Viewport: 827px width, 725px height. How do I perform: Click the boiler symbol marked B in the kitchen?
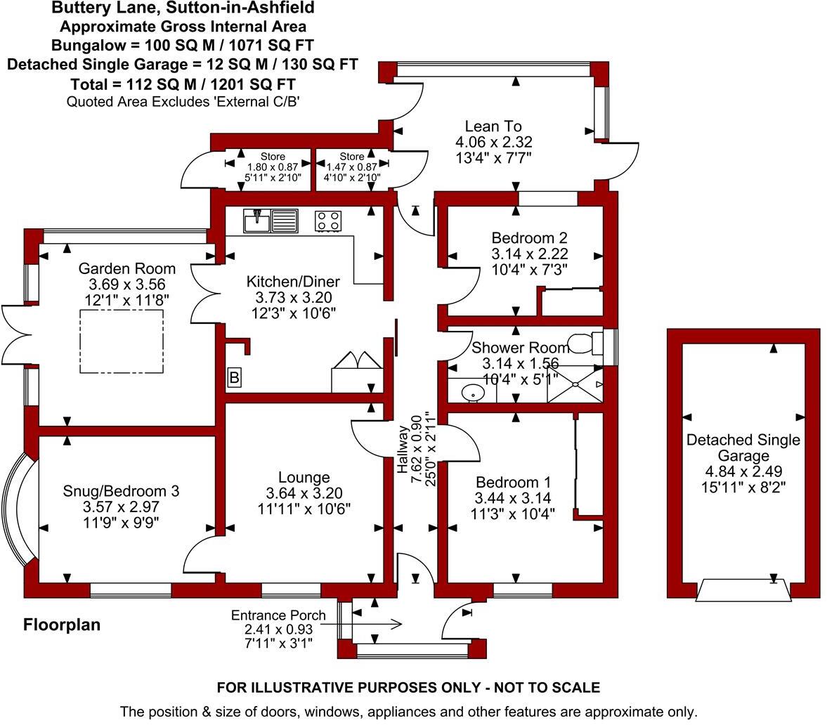(234, 378)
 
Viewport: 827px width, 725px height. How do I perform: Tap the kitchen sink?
(271, 221)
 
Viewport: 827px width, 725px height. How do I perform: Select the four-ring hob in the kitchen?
(328, 221)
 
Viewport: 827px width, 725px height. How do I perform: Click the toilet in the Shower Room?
(583, 344)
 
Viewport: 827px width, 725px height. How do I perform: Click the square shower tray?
(575, 384)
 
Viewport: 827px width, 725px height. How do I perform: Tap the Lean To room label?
(493, 126)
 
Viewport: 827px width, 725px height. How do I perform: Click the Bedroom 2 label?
(529, 237)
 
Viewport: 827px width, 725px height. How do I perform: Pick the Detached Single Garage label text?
(743, 448)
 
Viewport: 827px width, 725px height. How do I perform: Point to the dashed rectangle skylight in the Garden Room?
(121, 341)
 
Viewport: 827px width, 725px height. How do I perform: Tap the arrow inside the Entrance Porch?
(376, 623)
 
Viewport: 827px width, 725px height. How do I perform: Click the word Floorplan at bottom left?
(62, 625)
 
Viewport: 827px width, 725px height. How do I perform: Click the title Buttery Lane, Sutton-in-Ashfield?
(183, 9)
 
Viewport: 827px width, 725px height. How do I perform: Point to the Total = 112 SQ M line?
(183, 84)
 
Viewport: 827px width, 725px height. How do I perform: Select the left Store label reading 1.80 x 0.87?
(273, 167)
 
